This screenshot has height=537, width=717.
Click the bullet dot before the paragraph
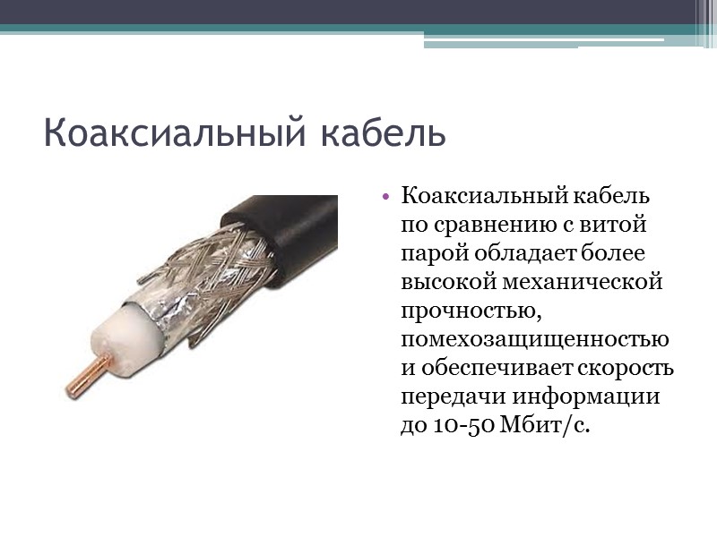click(385, 196)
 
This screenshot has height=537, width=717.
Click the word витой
click(618, 224)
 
